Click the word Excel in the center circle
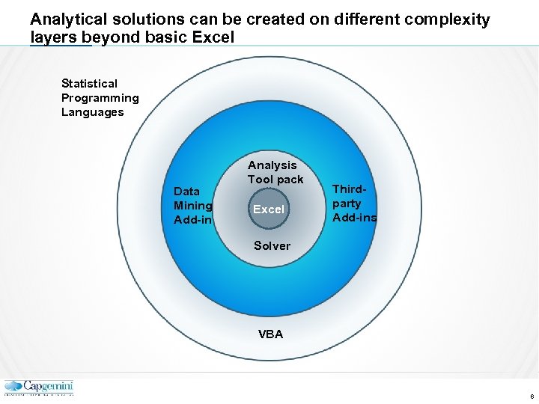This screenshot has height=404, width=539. pos(269,209)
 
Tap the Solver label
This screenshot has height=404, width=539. pos(272,245)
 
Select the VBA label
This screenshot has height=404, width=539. pos(271,334)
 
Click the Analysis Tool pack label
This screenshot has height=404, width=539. pos(275,172)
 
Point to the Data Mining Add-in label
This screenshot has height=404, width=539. pos(193,206)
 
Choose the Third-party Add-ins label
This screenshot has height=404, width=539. pos(354,203)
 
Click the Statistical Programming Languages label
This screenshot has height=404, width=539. pos(100,98)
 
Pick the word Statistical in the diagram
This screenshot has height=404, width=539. pos(89,84)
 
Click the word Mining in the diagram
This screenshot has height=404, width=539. pos(193,206)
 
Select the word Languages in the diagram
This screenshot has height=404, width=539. pos(92,112)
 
